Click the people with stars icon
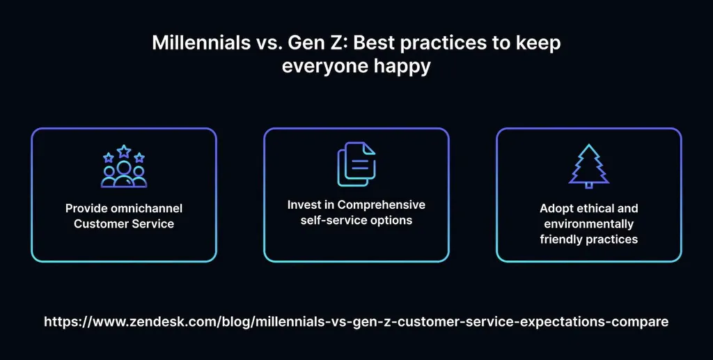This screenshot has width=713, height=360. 124,166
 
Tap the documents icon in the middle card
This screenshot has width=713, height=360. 356,164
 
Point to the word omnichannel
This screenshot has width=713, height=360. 148,208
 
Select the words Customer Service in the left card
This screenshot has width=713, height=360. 124,224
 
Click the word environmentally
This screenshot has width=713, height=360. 588,224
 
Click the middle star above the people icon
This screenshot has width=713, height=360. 124,150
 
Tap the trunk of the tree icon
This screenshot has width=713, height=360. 588,185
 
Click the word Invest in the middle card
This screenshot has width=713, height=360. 304,205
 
